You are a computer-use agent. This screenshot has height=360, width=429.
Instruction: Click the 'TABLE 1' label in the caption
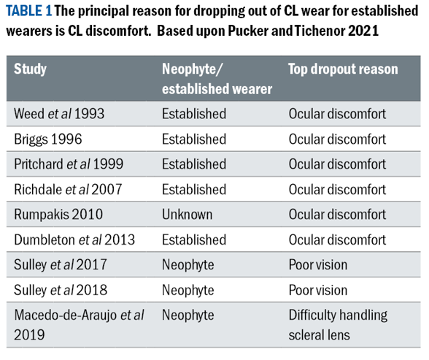28,11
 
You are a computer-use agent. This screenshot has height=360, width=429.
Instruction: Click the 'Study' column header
30,69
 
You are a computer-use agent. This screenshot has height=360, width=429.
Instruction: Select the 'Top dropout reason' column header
343,69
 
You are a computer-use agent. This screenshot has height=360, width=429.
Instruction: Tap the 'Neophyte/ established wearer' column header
217,79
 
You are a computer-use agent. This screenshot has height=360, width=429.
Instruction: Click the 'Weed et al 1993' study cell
59,114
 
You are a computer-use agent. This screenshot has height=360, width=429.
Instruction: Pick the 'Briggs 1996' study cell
48,139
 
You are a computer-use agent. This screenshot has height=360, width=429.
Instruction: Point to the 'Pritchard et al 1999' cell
69,164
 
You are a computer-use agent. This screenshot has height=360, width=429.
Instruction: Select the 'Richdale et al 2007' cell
68,189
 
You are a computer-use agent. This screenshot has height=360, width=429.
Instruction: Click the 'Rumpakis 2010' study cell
58,215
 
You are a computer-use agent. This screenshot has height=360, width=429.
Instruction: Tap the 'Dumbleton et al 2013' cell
74,240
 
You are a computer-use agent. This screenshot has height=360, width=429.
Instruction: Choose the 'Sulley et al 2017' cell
60,265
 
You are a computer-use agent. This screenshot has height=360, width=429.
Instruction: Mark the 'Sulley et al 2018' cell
61,290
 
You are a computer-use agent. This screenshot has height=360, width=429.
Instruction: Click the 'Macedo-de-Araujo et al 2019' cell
79,325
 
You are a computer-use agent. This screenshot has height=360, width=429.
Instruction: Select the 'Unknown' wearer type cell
187,215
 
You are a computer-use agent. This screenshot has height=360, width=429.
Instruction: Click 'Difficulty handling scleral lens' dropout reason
338,325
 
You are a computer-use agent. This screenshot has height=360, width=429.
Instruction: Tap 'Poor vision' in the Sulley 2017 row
318,265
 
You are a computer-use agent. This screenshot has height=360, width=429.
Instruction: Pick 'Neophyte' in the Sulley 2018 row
188,290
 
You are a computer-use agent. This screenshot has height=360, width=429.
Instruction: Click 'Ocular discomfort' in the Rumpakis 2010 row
337,215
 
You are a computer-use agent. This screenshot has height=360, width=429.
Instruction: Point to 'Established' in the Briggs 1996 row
194,139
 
